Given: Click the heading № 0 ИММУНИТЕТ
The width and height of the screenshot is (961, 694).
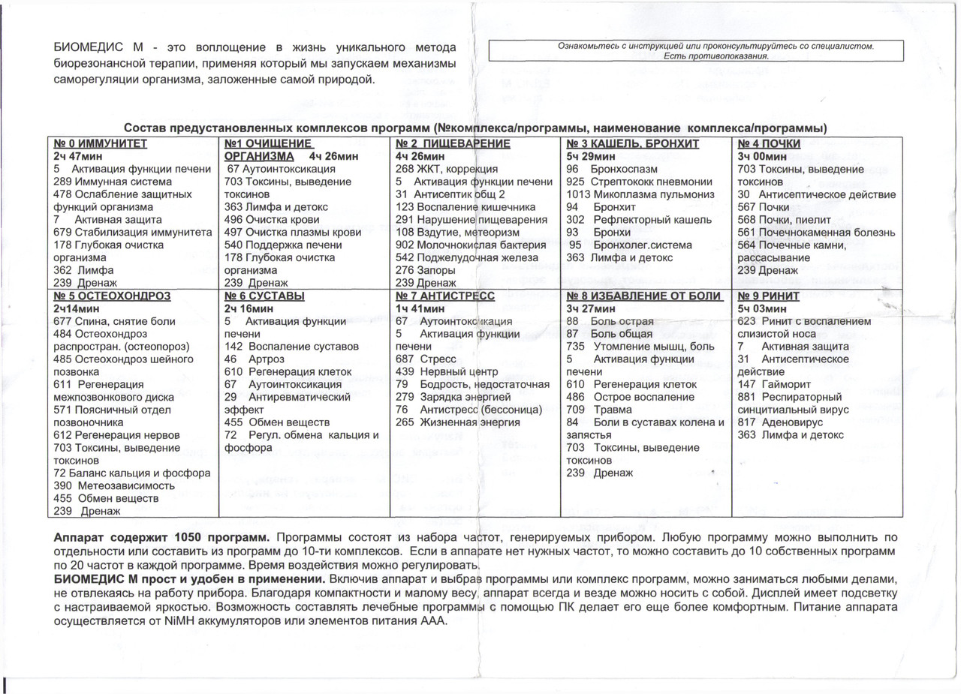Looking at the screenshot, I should pos(101,143).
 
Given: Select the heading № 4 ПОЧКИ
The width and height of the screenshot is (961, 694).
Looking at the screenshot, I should pos(769,143).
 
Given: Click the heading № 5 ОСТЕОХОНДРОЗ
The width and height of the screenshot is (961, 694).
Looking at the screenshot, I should pos(112,296).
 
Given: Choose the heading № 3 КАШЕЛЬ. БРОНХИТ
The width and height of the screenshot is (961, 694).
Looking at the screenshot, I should pos(633,143).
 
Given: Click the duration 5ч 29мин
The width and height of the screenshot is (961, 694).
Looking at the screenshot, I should pos(592,156).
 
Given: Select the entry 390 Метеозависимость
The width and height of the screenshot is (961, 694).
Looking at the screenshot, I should pos(114,485).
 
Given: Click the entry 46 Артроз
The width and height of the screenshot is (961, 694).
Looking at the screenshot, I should pos(251,359).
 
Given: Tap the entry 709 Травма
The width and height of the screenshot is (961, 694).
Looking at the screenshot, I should pos(599,410).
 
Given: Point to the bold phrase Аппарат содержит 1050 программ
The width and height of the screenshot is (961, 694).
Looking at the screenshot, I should pos(160,537).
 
